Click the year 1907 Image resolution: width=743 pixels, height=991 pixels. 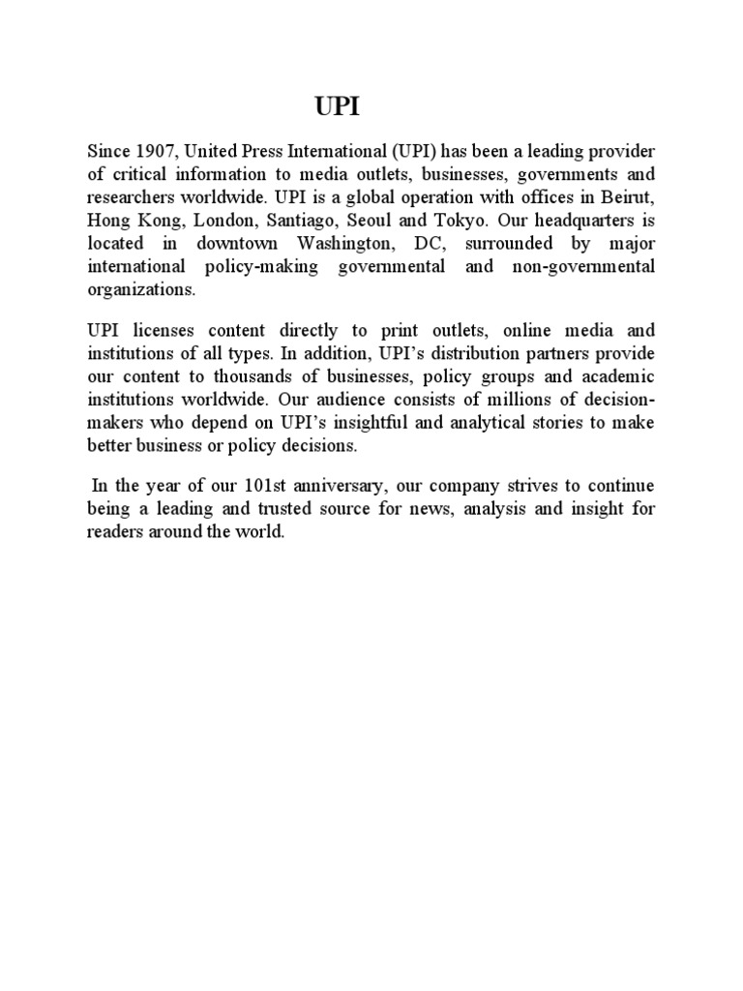(x=154, y=152)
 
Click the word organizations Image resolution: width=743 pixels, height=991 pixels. (x=141, y=288)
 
